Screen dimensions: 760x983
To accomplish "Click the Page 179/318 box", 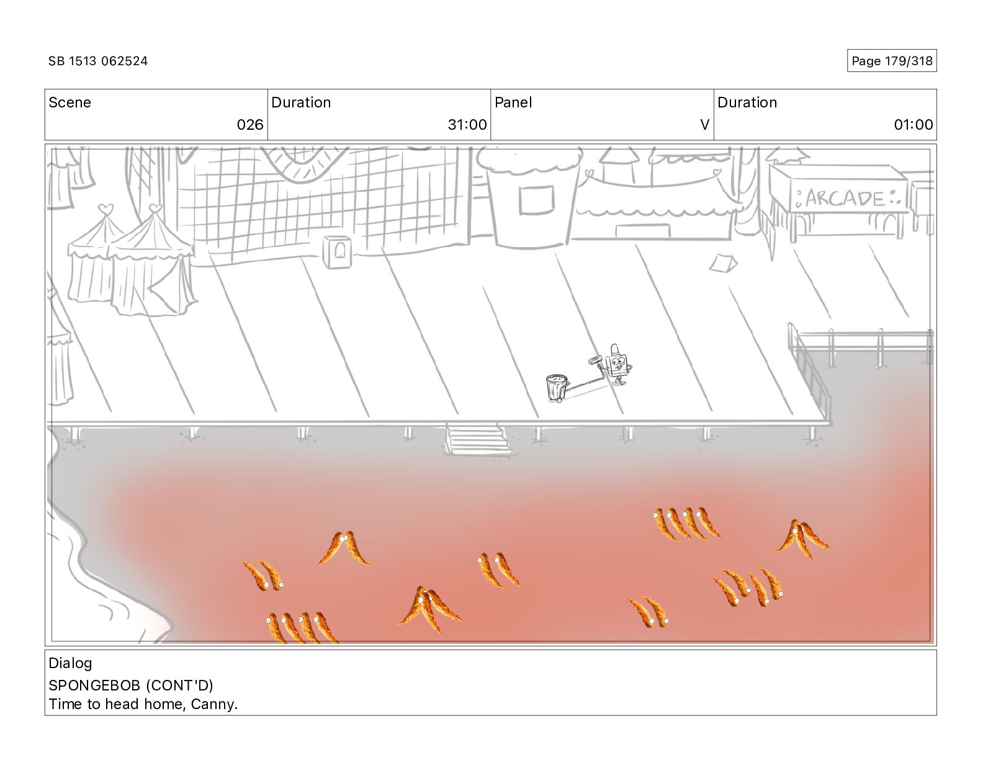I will tap(891, 61).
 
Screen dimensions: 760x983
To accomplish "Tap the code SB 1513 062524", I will tap(98, 61).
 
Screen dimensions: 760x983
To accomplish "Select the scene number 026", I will tap(250, 125).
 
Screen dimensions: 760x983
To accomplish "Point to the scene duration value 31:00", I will tap(467, 125).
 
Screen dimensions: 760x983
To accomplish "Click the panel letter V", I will tap(704, 125).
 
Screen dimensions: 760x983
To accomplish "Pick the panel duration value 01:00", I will tap(913, 125).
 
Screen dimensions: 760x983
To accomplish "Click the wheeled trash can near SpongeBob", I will tap(556, 388).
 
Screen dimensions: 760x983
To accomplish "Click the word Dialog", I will tap(70, 663).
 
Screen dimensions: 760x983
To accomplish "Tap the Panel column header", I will tap(513, 102).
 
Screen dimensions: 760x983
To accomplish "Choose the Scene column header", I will tap(70, 102).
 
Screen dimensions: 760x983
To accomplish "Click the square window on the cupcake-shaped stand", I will tap(536, 199).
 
